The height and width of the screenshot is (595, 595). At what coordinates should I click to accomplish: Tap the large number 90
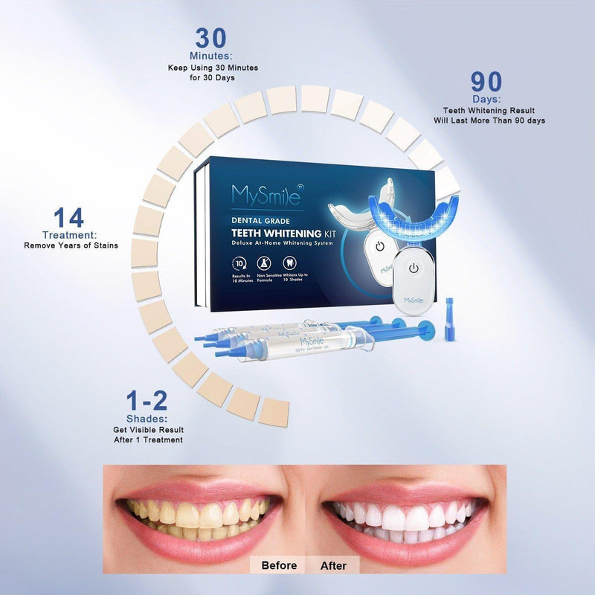point(486,83)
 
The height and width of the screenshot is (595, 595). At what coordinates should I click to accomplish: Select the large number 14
point(68,219)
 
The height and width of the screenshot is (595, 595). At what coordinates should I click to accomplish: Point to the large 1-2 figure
point(146,402)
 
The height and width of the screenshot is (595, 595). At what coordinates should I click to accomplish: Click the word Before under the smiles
point(280,565)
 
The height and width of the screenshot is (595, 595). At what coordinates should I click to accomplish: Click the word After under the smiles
point(333,565)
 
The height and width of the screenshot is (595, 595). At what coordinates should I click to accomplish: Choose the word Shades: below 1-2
point(146,418)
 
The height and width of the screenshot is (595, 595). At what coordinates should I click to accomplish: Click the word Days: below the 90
point(486,99)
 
